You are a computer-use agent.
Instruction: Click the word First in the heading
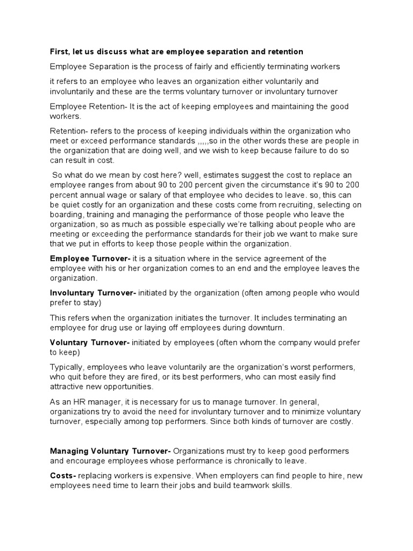[x=59, y=52]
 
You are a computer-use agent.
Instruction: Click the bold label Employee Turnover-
[x=90, y=259]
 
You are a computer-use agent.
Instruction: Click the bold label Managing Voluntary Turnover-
[x=110, y=451]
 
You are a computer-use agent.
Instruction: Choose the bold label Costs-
[x=63, y=476]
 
